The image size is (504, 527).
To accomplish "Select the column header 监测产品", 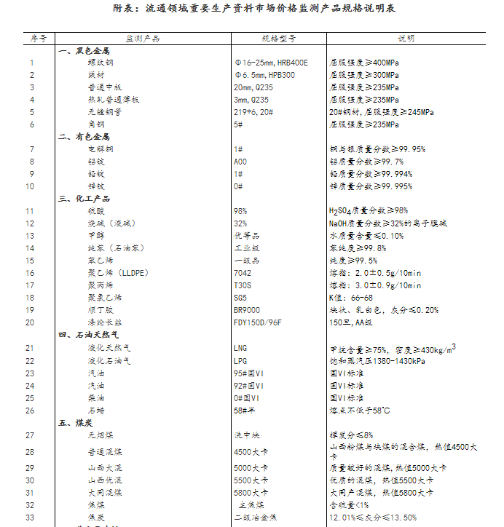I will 143,37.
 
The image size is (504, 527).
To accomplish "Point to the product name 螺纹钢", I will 101,63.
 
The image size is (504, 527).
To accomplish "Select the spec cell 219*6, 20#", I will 253,112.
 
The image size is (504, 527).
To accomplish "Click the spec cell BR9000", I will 246,310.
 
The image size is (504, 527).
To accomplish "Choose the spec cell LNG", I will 240,348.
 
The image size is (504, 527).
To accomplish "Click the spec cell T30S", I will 243,285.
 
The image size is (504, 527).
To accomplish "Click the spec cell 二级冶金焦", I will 255,518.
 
